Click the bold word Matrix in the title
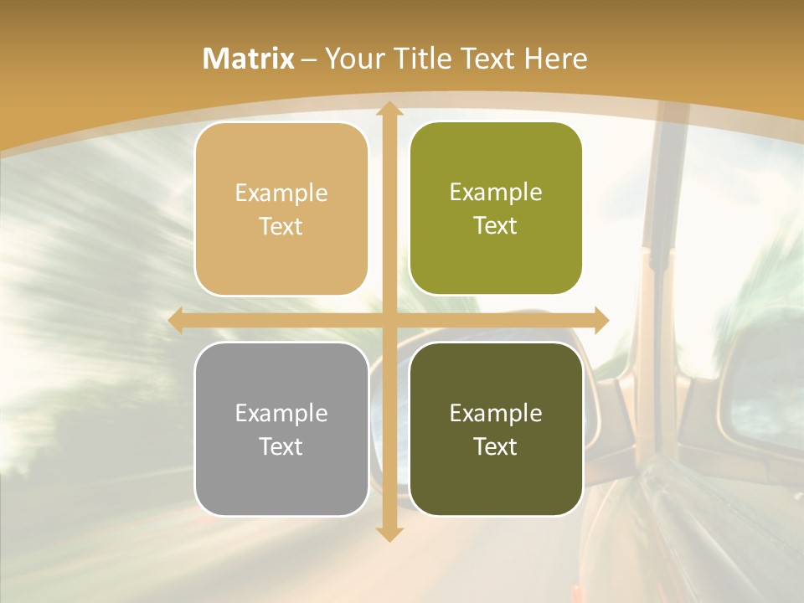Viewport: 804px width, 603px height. point(249,59)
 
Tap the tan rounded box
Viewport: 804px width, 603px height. point(281,209)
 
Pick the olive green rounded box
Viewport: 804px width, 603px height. point(496,209)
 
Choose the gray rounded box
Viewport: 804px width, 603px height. point(281,429)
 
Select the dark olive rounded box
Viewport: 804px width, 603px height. point(496,429)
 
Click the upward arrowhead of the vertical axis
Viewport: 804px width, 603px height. point(389,110)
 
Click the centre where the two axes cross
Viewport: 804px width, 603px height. point(389,321)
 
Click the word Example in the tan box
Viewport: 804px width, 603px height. point(281,193)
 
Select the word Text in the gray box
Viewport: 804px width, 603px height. point(281,446)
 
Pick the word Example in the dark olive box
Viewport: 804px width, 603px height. point(496,413)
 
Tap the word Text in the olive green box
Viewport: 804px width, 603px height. point(496,226)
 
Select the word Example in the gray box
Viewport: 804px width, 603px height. point(281,413)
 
